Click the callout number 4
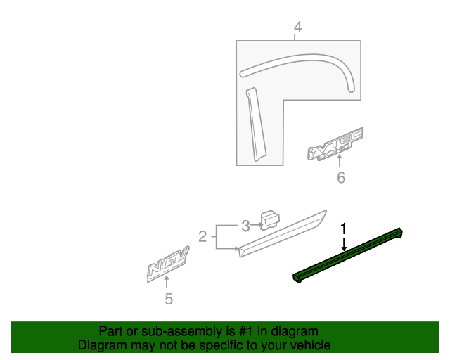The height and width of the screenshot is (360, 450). pos(297,27)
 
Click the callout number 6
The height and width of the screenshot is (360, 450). pos(341,178)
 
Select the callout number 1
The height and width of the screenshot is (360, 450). pos(344,229)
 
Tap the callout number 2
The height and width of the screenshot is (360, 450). pos(202,237)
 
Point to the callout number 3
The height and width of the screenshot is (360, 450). pos(245,226)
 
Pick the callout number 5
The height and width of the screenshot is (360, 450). pos(168,299)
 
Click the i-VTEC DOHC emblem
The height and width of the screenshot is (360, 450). pos(335,144)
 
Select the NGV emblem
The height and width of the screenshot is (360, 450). pos(167,266)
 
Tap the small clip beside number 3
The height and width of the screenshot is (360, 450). pos(269,219)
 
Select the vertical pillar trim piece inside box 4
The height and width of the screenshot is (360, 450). pos(253,124)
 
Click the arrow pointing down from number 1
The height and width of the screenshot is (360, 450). pos(344,243)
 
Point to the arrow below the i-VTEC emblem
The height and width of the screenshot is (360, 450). pos(341,164)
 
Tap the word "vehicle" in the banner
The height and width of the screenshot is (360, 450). pos(311,345)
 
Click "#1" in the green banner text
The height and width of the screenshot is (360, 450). pos(231,331)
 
